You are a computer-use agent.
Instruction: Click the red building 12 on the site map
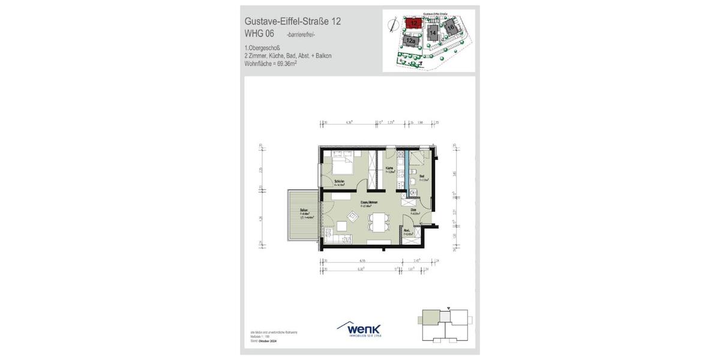(414, 23)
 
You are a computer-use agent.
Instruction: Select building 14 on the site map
(432, 32)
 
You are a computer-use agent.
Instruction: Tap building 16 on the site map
(450, 26)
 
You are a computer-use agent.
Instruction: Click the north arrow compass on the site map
(392, 26)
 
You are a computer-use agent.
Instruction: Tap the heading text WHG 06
(260, 34)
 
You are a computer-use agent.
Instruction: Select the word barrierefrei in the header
(301, 35)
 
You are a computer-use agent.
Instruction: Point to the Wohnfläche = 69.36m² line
(271, 62)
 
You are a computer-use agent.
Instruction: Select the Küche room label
(389, 168)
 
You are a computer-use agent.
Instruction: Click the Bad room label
(422, 176)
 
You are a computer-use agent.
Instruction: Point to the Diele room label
(413, 210)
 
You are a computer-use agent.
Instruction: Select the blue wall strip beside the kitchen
(406, 171)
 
